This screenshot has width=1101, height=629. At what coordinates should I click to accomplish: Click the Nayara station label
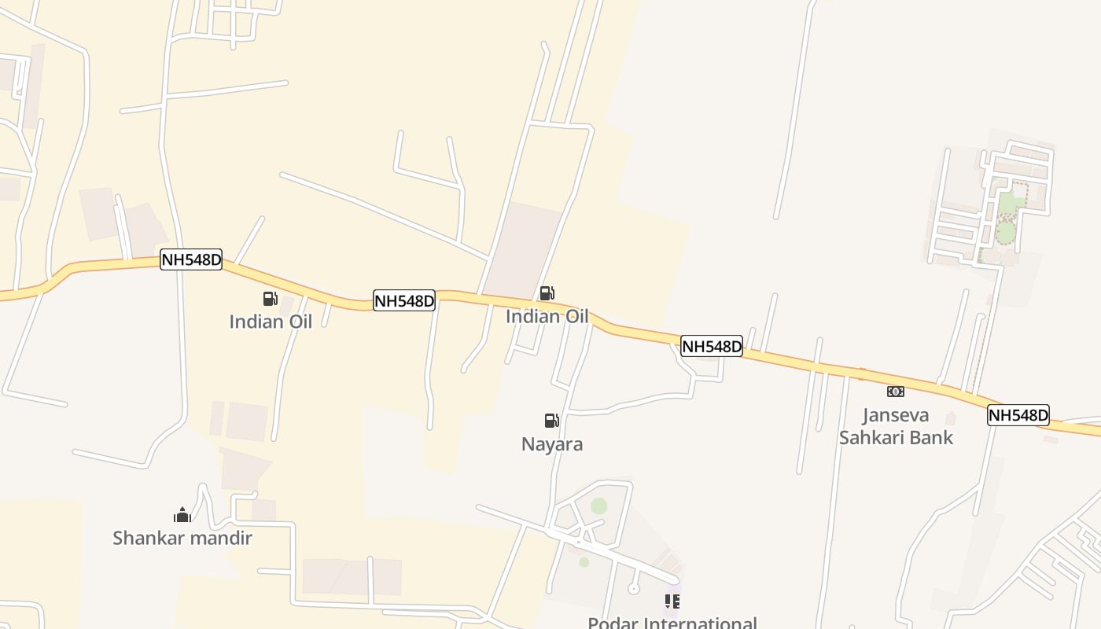click(x=552, y=444)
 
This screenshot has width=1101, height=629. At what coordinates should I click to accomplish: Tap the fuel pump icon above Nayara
click(x=552, y=421)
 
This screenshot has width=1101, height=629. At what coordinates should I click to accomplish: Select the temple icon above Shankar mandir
click(x=182, y=515)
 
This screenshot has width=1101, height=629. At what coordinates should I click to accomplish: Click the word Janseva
click(x=896, y=415)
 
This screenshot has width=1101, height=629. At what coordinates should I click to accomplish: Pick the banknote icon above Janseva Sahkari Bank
click(x=896, y=392)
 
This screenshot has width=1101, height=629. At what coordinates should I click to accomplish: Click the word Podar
click(x=613, y=623)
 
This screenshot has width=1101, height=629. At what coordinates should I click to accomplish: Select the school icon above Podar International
click(x=672, y=601)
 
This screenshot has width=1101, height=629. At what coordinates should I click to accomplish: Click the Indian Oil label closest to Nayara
click(x=547, y=317)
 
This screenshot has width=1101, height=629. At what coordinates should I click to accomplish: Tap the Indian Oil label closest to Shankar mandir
click(x=271, y=322)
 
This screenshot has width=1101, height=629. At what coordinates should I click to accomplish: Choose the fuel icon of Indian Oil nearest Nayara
click(x=547, y=294)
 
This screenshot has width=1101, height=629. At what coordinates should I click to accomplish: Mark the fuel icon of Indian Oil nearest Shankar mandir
click(x=271, y=299)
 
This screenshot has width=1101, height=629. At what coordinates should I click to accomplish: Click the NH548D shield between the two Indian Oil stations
click(x=403, y=300)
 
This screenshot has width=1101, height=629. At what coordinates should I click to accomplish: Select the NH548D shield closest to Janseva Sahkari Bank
click(x=1018, y=415)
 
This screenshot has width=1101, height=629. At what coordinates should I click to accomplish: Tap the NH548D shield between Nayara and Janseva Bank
click(x=712, y=346)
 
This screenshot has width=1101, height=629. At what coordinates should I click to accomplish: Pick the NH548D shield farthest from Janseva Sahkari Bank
click(x=191, y=259)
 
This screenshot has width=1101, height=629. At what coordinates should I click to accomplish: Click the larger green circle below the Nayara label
click(x=599, y=506)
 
